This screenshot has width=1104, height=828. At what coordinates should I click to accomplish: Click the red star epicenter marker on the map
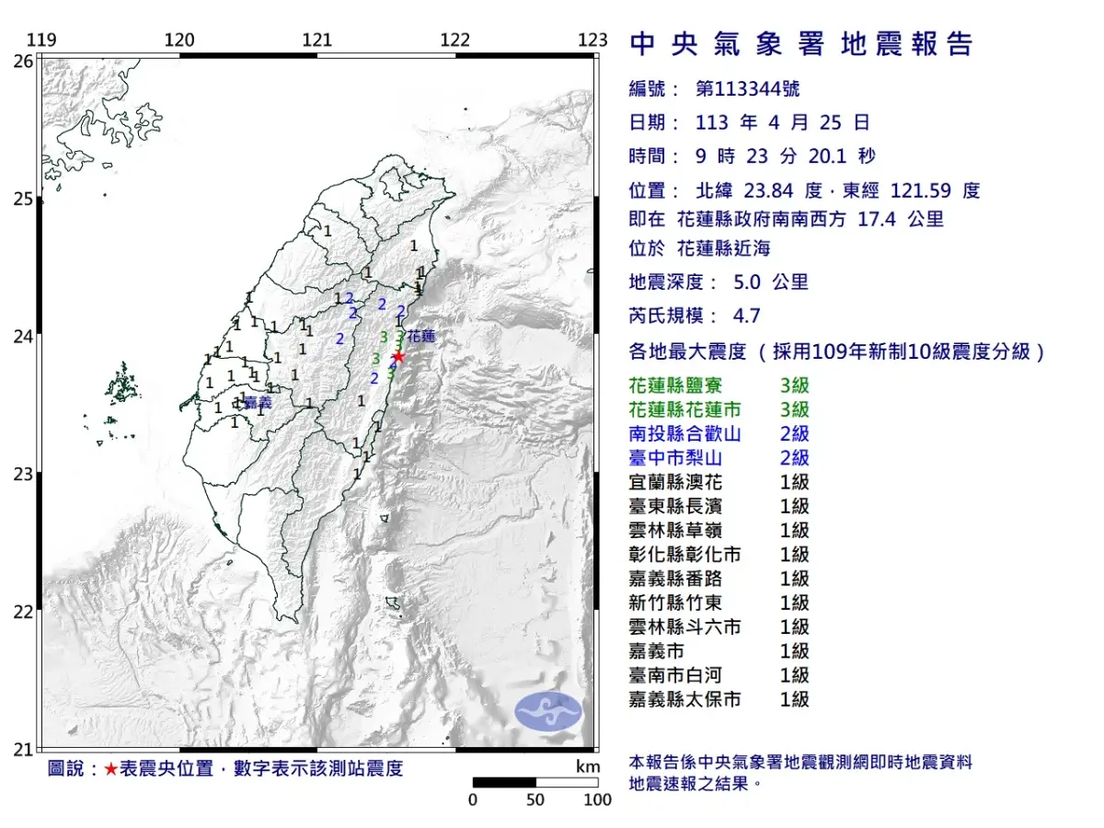(x=398, y=357)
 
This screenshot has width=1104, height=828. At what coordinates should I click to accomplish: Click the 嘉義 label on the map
(x=259, y=402)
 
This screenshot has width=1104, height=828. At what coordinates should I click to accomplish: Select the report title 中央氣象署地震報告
(x=800, y=44)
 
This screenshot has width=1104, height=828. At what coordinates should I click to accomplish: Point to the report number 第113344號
(x=748, y=89)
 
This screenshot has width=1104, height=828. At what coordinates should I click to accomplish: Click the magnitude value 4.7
(x=746, y=316)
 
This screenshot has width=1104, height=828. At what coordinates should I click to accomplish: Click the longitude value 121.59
(x=923, y=191)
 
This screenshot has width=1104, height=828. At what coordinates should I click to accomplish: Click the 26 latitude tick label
(x=23, y=61)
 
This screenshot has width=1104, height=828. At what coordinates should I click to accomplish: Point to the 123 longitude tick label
(x=593, y=40)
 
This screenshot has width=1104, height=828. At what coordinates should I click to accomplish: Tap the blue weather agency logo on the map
(x=547, y=712)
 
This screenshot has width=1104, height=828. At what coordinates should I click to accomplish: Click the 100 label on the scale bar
(x=597, y=799)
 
